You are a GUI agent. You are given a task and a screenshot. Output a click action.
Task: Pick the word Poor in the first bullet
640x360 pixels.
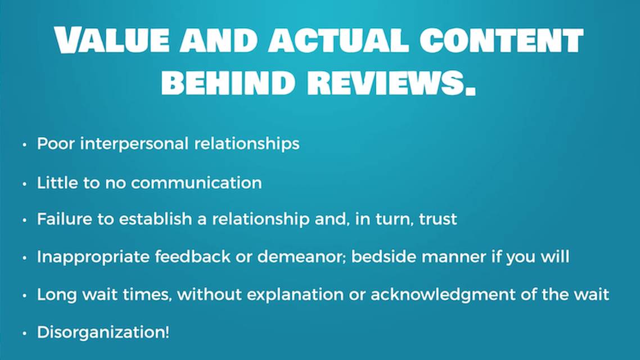coord(56,143)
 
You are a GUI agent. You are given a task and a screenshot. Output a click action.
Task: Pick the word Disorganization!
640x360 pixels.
coord(103,332)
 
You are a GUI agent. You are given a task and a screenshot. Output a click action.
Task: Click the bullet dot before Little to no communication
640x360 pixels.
coord(24,184)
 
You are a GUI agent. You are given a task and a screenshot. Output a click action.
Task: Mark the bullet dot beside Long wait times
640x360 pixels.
coord(24,295)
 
